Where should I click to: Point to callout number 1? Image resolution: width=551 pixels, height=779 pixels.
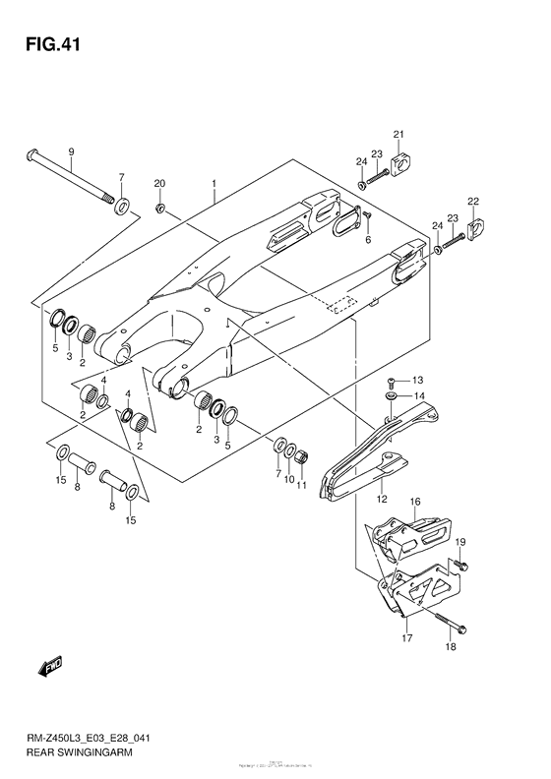point(213,184)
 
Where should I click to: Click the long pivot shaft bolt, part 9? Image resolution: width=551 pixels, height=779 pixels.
point(69,182)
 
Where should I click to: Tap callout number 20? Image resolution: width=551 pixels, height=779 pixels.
point(159,184)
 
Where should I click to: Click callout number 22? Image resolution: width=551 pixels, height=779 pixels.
point(473,202)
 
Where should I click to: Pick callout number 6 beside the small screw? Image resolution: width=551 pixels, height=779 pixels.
point(368,239)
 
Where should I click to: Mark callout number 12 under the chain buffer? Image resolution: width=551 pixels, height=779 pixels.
point(382,499)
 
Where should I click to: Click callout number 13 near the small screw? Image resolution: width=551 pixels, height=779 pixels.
point(416,380)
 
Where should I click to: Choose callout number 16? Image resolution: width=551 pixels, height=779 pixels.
point(414,502)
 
